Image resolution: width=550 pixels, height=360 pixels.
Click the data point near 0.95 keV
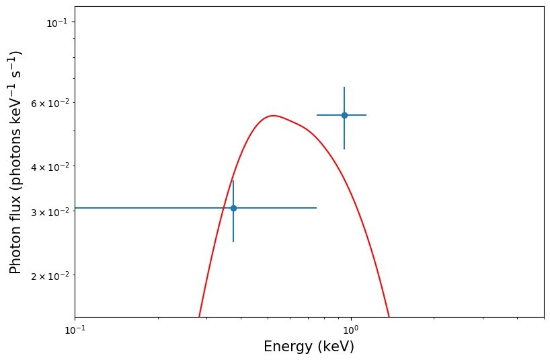click(x=344, y=115)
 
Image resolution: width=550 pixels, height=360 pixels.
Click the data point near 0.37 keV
click(x=233, y=208)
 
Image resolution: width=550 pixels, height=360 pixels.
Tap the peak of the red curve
click(x=272, y=116)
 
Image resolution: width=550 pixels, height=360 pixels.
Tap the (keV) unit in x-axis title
click(x=335, y=347)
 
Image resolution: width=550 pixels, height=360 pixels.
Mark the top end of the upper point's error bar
click(x=344, y=87)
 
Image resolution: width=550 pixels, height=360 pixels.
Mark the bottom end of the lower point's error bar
click(x=233, y=242)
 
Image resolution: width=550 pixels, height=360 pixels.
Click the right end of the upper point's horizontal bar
click(x=366, y=115)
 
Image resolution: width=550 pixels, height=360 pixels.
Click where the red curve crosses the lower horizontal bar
click(x=224, y=208)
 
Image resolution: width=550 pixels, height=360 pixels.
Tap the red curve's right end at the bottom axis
click(x=389, y=316)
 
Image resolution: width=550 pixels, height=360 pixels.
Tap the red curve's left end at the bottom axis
click(x=199, y=316)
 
